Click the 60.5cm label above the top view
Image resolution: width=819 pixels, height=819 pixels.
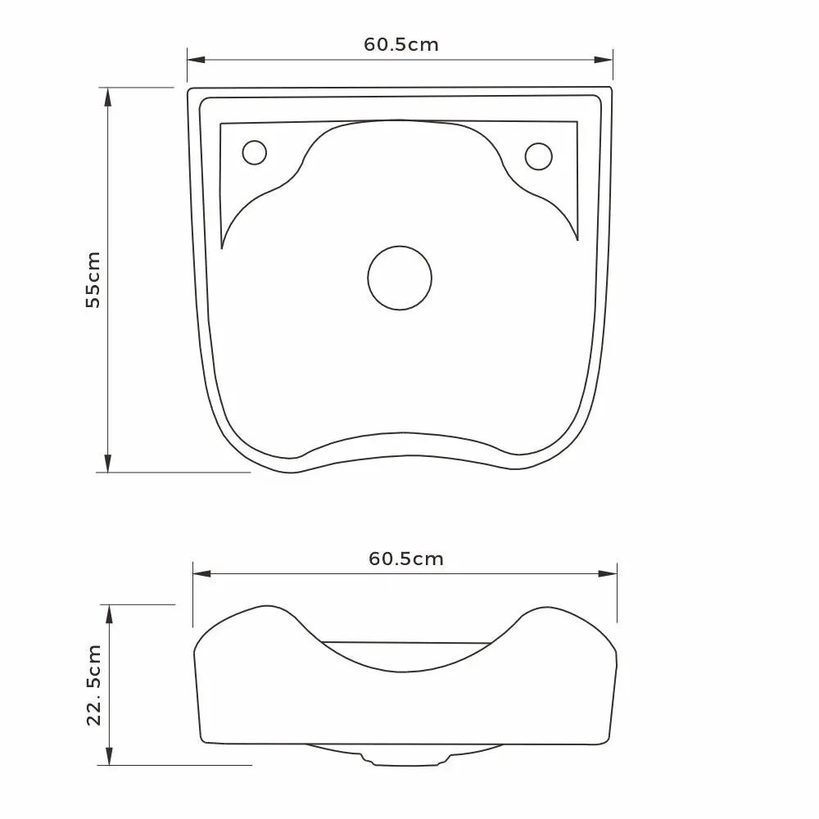401,45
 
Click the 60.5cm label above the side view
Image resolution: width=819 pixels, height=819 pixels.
406,559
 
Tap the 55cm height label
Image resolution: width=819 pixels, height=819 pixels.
93,279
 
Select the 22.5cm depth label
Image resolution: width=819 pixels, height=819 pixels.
94,685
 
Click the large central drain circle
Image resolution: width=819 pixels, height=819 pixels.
400,278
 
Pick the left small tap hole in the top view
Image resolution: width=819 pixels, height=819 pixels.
255,152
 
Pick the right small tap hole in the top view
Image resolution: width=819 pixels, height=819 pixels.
538,156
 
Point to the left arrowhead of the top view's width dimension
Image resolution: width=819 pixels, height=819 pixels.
193,60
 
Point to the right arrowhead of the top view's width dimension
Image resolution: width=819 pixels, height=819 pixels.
606,60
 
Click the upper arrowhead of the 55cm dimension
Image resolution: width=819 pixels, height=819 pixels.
107,94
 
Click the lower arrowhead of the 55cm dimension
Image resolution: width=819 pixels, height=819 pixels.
107,465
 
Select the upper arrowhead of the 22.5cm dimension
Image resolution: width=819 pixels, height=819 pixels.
109,612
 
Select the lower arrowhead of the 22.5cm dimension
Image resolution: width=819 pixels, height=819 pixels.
109,758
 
